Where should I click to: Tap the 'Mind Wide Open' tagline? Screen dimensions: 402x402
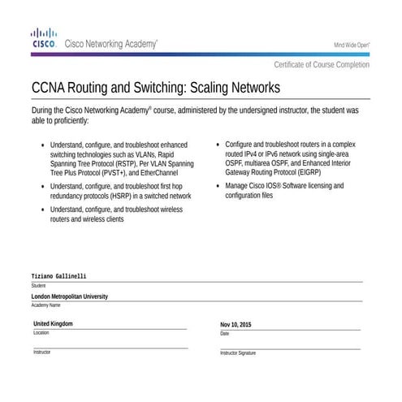352,45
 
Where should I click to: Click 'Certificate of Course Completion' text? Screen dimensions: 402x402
322,64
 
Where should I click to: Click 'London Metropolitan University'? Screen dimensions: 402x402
69,296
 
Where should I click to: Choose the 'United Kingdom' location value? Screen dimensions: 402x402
53,324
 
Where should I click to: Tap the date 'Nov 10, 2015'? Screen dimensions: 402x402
236,325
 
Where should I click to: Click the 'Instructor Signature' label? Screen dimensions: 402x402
238,353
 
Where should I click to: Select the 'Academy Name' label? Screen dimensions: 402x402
45,305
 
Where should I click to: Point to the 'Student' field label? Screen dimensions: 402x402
38,286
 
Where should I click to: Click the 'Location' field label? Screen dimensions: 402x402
41,333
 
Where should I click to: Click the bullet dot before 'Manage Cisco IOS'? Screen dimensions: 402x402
218,186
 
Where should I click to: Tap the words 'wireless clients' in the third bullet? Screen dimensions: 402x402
100,219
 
